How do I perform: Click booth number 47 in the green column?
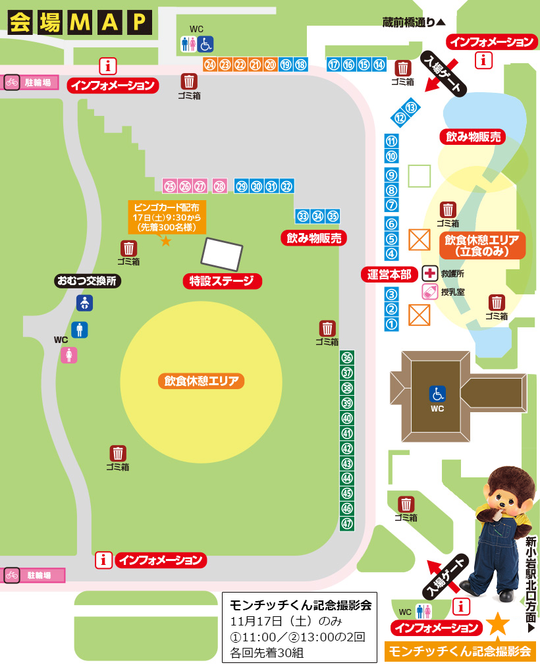[347, 524]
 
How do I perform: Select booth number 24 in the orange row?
[210, 65]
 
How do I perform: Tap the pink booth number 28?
[220, 186]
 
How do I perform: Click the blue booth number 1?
[392, 324]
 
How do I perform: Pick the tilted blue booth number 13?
[412, 107]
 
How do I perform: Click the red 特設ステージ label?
[222, 281]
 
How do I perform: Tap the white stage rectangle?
[223, 253]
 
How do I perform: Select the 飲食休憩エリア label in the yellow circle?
[202, 381]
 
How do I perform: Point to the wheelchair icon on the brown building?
[437, 394]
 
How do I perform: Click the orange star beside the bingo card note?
[166, 241]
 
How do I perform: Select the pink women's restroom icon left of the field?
[69, 355]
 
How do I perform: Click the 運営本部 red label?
[391, 273]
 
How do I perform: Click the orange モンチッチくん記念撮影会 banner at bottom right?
[460, 651]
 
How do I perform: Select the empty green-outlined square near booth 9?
[419, 176]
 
